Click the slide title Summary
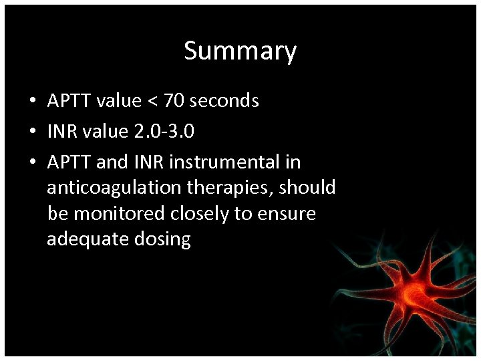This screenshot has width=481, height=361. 240,51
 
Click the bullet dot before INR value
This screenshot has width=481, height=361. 32,132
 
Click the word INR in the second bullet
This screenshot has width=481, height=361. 61,132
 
